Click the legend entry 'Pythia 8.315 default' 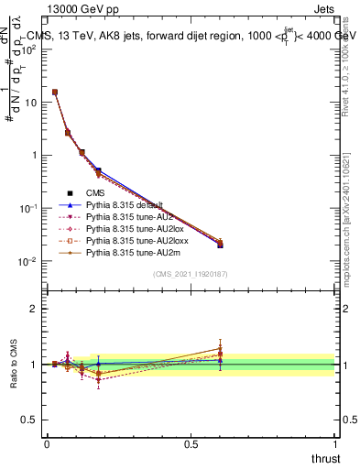pos(124,204)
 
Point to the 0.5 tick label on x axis pos(191,443)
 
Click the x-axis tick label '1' pos(335,443)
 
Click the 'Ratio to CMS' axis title pos(14,364)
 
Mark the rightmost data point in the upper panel pos(220,244)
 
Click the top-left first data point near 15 pos(55,92)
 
